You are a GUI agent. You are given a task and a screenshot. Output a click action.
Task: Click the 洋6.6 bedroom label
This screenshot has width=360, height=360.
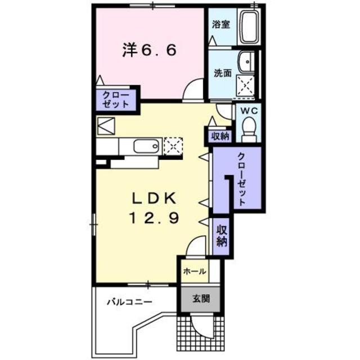point(150,51)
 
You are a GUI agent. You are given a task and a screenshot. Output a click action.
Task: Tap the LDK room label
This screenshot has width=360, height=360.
point(155,199)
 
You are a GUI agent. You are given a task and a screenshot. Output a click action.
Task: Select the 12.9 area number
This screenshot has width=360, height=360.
point(156,217)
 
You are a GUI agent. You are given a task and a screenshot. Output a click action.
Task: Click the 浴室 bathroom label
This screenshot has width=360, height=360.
point(220,25)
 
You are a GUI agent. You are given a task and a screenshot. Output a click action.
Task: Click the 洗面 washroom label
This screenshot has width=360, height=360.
point(222,73)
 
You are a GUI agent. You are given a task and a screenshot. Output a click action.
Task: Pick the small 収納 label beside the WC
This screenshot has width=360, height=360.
point(220,136)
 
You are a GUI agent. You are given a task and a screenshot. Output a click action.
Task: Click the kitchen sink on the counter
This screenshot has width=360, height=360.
point(147,147)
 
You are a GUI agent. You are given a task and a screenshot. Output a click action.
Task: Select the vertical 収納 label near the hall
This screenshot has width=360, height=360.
point(221,236)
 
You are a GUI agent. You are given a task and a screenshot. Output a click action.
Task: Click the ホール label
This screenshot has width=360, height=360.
point(194,271)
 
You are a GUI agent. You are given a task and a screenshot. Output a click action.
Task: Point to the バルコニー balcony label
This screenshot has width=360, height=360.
point(130,302)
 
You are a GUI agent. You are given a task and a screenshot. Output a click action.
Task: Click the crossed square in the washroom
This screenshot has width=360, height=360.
point(245,86)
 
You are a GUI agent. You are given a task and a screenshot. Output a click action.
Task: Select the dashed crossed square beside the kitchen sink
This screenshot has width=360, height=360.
point(173,146)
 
